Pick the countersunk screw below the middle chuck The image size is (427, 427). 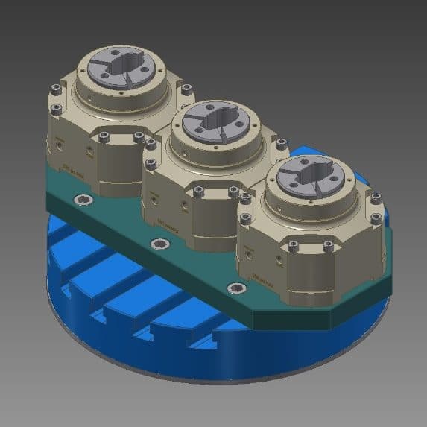[x=156, y=244]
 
